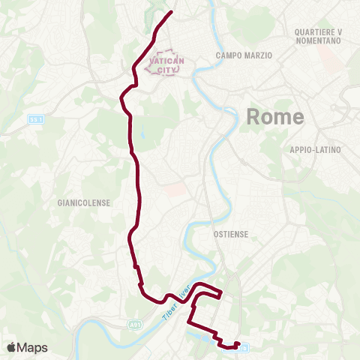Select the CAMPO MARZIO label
pos(243,55)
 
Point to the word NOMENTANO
pos(317,41)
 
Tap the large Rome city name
pos(275,116)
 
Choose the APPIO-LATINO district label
pos(315,150)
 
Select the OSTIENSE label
pos(230,234)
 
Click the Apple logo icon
pos(12,347)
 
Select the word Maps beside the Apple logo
pos(33,347)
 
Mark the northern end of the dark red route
pos(172,12)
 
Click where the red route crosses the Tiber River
pos(187,292)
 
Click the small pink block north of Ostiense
pos(174,190)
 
